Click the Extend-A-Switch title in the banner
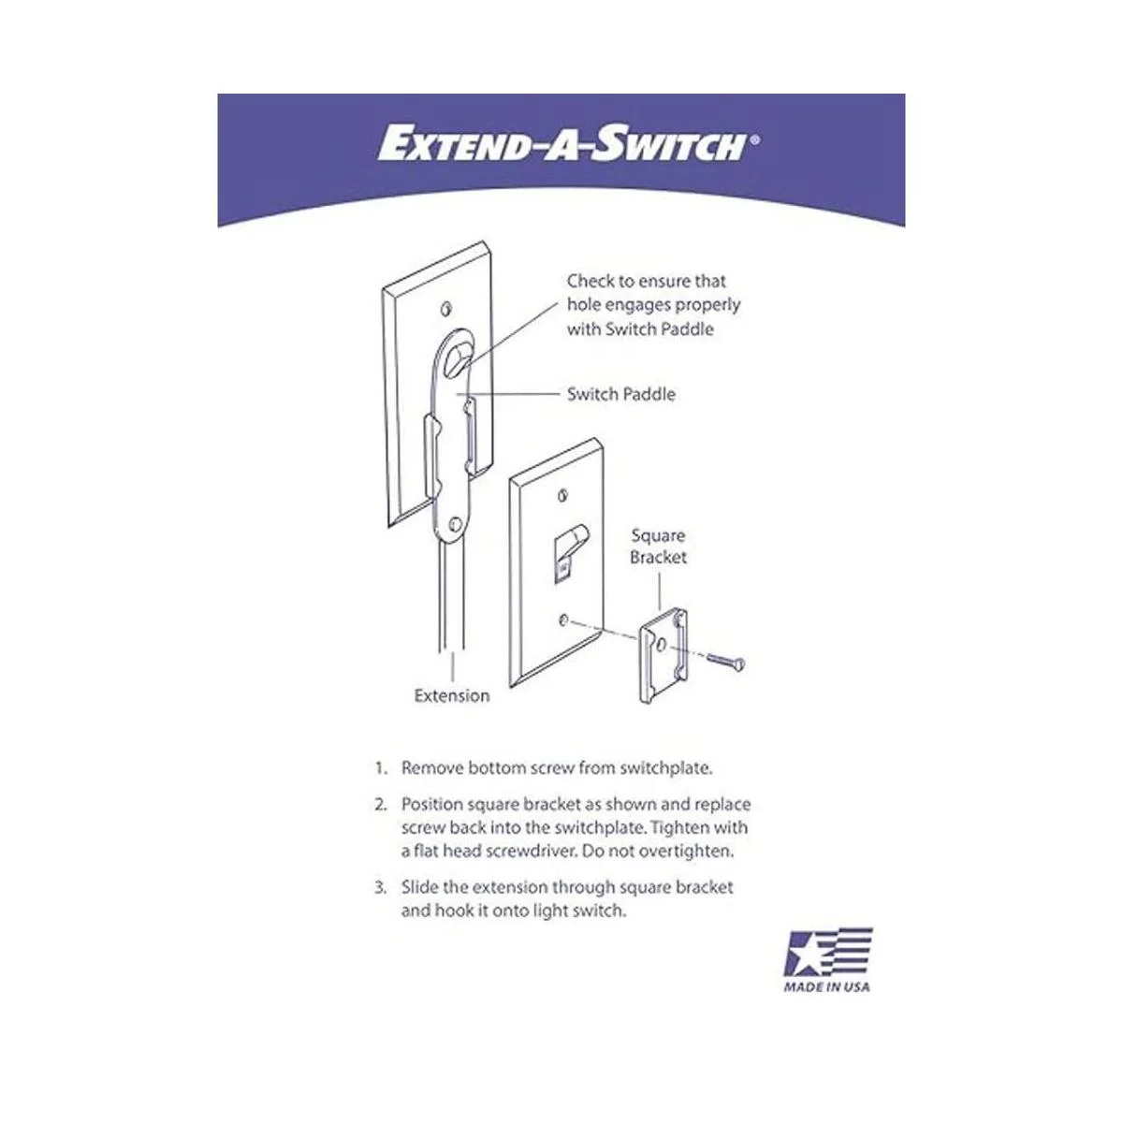pyautogui.click(x=561, y=144)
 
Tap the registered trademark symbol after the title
pyautogui.click(x=754, y=140)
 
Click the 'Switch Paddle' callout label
pyautogui.click(x=621, y=395)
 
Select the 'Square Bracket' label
pyautogui.click(x=658, y=546)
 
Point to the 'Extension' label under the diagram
pyautogui.click(x=452, y=696)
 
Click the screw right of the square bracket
pyautogui.click(x=726, y=661)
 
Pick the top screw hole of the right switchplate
pyautogui.click(x=562, y=496)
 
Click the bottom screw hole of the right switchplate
pyautogui.click(x=563, y=620)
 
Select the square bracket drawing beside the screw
pyautogui.click(x=664, y=656)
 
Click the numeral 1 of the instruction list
pyautogui.click(x=379, y=768)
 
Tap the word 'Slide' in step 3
pyautogui.click(x=419, y=887)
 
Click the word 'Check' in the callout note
pyautogui.click(x=591, y=282)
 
